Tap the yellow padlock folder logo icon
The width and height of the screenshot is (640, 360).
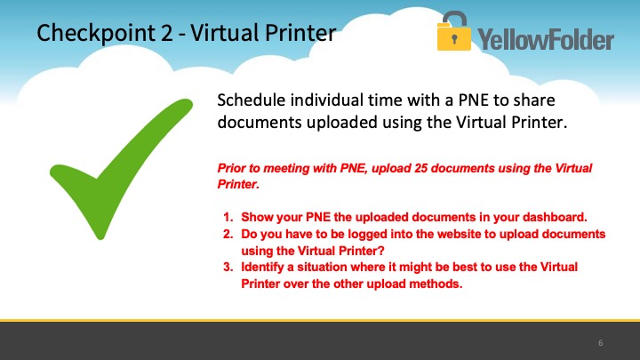[x=454, y=31]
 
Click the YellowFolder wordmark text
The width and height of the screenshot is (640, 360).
[x=546, y=40]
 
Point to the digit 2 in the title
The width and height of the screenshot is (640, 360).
[x=166, y=33]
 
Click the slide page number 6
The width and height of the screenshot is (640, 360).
[x=600, y=343]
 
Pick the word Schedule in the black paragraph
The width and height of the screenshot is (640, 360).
[x=251, y=100]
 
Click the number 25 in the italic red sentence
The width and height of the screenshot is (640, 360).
[x=420, y=168]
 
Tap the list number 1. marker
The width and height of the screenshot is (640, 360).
[x=228, y=217]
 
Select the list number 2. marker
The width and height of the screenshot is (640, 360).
[x=228, y=234]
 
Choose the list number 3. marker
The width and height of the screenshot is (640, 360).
[x=228, y=267]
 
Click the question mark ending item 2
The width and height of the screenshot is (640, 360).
[x=381, y=251]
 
